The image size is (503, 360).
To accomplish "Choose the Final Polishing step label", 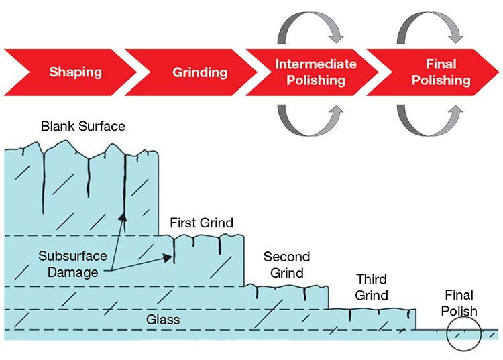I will pos(441,72).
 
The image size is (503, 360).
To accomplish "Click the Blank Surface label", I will pos(82,126).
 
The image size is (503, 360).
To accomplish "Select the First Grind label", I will pos(201,223).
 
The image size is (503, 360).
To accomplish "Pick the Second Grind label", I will pos(286,265).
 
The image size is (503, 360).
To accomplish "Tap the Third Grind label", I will pos(372,286).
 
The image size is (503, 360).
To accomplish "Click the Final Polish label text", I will pos(459,303).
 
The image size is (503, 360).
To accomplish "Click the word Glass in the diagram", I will pos(163,320).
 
